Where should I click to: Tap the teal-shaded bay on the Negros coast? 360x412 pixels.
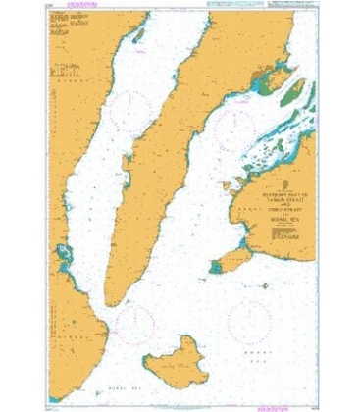[64, 257]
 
